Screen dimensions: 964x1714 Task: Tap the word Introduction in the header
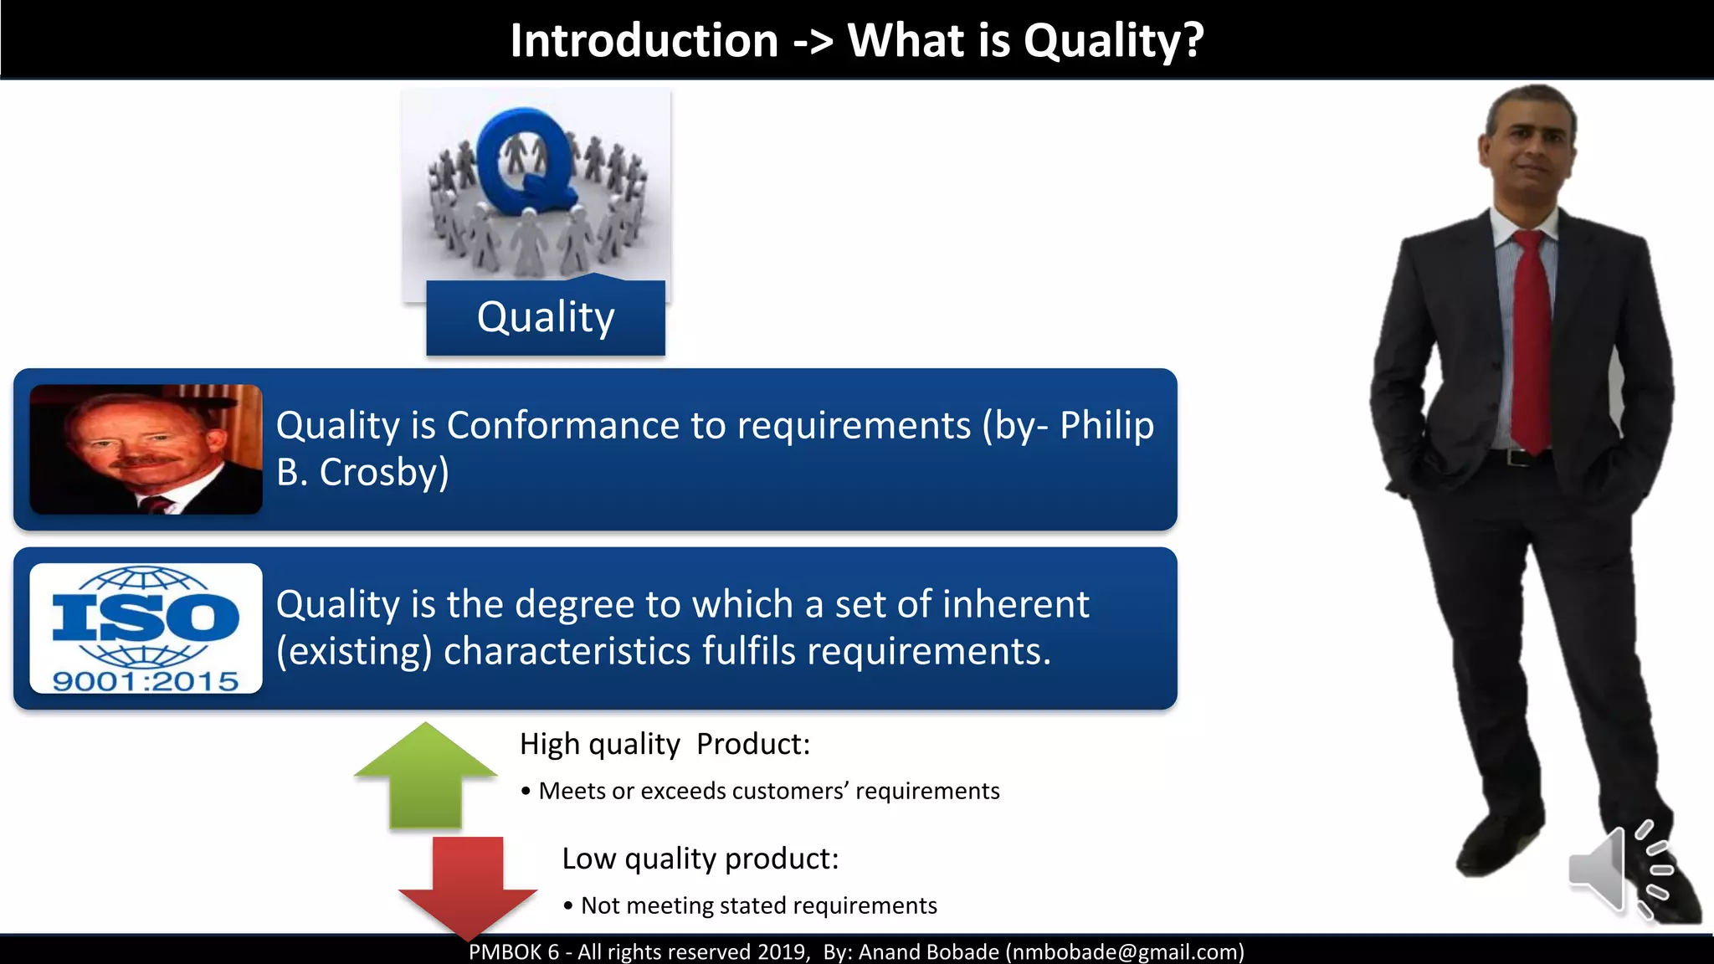point(644,40)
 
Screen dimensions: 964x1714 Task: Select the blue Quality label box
point(546,318)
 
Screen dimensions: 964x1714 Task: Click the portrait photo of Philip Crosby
point(146,449)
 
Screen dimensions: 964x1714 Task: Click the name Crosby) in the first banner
point(384,473)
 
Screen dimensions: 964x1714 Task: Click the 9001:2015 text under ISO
point(146,681)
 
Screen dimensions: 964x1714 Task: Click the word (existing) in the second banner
point(354,651)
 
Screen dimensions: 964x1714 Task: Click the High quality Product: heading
point(665,744)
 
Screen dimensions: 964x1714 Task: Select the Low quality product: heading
point(700,859)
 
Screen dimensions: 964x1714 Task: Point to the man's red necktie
point(1532,343)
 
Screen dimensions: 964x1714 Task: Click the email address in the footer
point(1125,952)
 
